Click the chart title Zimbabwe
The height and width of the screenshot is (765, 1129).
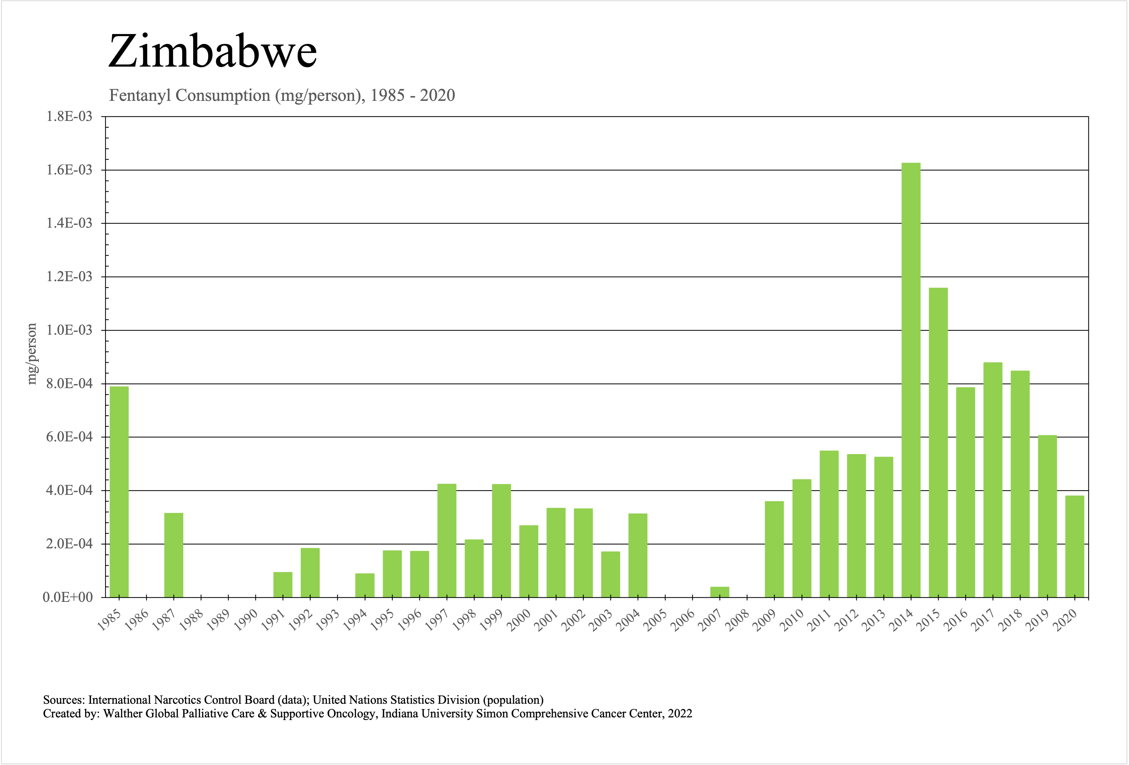coord(212,51)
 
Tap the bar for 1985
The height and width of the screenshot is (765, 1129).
coord(119,492)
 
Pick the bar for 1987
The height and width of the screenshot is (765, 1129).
coord(173,555)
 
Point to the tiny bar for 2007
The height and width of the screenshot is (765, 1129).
coord(720,592)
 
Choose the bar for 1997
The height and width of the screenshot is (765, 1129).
coord(446,540)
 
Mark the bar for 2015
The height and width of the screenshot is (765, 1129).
coord(938,442)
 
